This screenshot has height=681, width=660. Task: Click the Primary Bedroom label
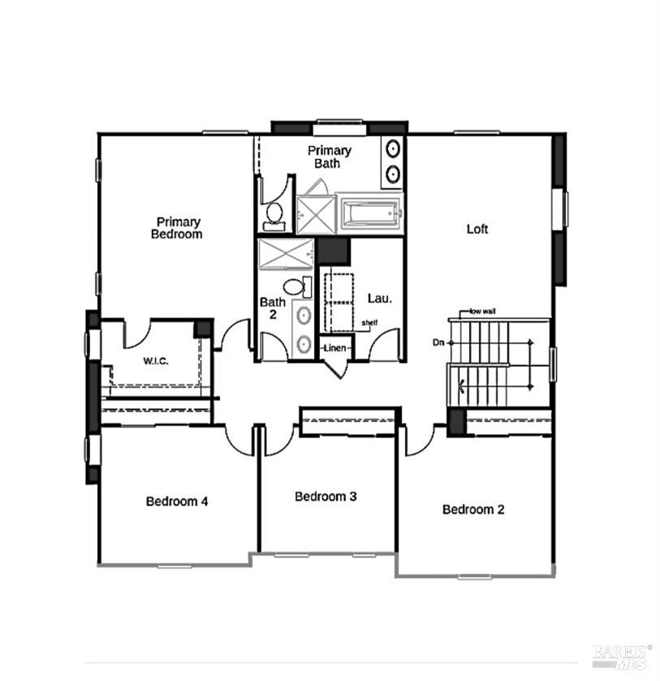[177, 228]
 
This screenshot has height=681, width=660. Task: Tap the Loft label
[477, 229]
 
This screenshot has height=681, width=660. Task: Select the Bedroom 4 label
[177, 501]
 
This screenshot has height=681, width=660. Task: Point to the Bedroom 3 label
[326, 496]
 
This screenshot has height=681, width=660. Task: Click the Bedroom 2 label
[473, 509]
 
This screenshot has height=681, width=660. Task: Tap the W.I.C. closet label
[156, 361]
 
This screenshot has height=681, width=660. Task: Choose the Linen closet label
[335, 348]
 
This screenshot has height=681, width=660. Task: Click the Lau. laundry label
[380, 299]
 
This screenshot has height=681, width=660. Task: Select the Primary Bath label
[329, 157]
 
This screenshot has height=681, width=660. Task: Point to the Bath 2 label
[273, 308]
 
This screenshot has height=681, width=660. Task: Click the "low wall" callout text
[483, 311]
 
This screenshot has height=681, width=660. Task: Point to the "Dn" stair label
[438, 343]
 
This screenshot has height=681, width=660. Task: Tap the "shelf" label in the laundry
[369, 323]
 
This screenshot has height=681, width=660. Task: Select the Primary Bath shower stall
[317, 214]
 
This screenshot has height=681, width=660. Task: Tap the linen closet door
[337, 369]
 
